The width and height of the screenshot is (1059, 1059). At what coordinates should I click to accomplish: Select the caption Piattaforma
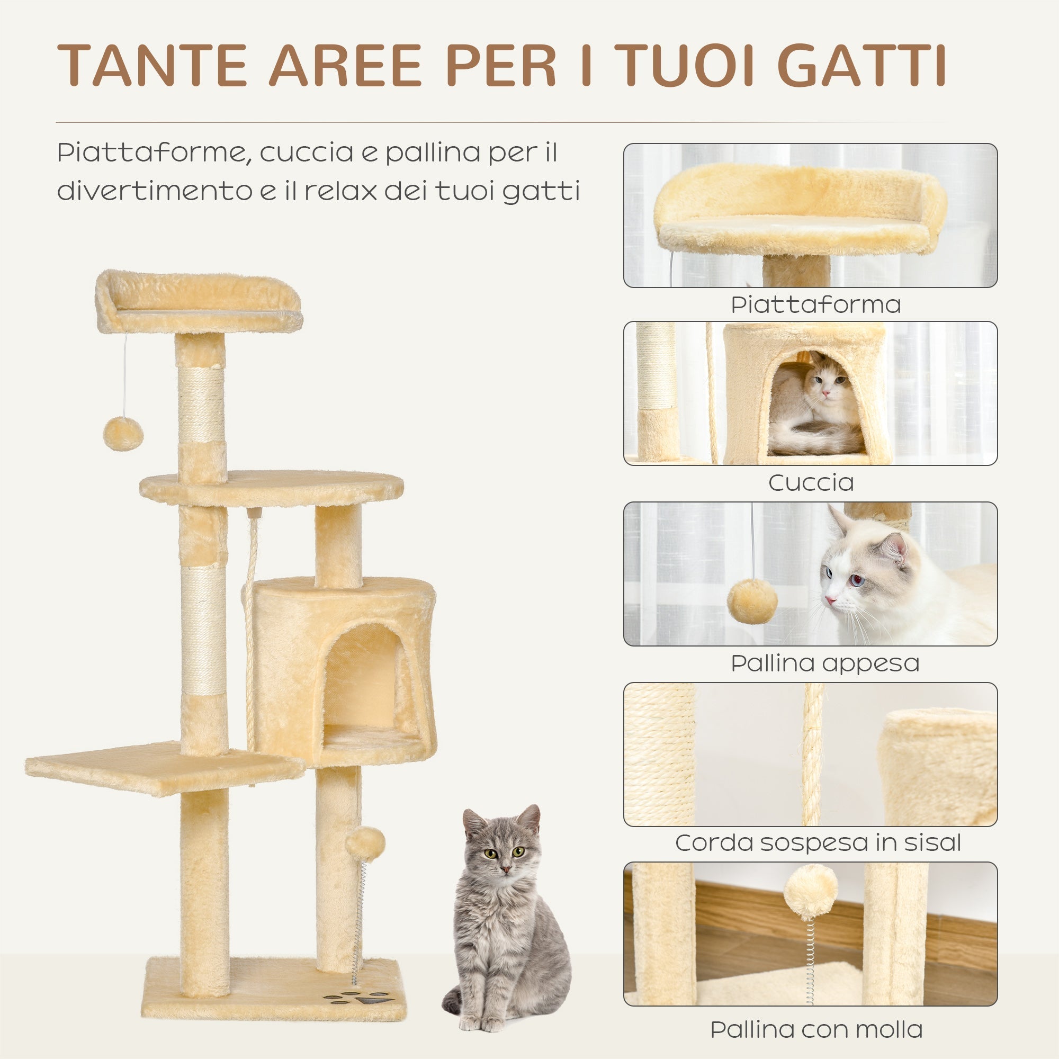815,305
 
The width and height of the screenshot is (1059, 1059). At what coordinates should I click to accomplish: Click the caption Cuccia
811,483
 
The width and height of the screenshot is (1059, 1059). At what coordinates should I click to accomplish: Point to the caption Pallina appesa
824,663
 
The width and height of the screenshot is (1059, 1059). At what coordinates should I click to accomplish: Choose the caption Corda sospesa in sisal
818,843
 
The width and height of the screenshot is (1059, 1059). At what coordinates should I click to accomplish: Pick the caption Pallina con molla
816,1029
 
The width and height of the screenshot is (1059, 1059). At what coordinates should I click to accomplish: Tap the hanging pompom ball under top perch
123,434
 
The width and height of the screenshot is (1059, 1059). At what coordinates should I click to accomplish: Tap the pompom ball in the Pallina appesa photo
752,602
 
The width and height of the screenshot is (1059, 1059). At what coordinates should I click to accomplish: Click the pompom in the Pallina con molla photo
810,892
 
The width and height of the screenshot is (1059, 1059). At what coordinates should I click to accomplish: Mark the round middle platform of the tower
271,487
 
